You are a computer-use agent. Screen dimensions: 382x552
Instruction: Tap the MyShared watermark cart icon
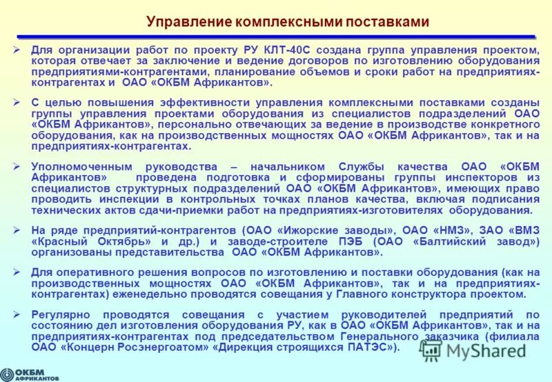tap(430, 350)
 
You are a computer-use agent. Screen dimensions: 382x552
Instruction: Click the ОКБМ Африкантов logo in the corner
tap(31, 372)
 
